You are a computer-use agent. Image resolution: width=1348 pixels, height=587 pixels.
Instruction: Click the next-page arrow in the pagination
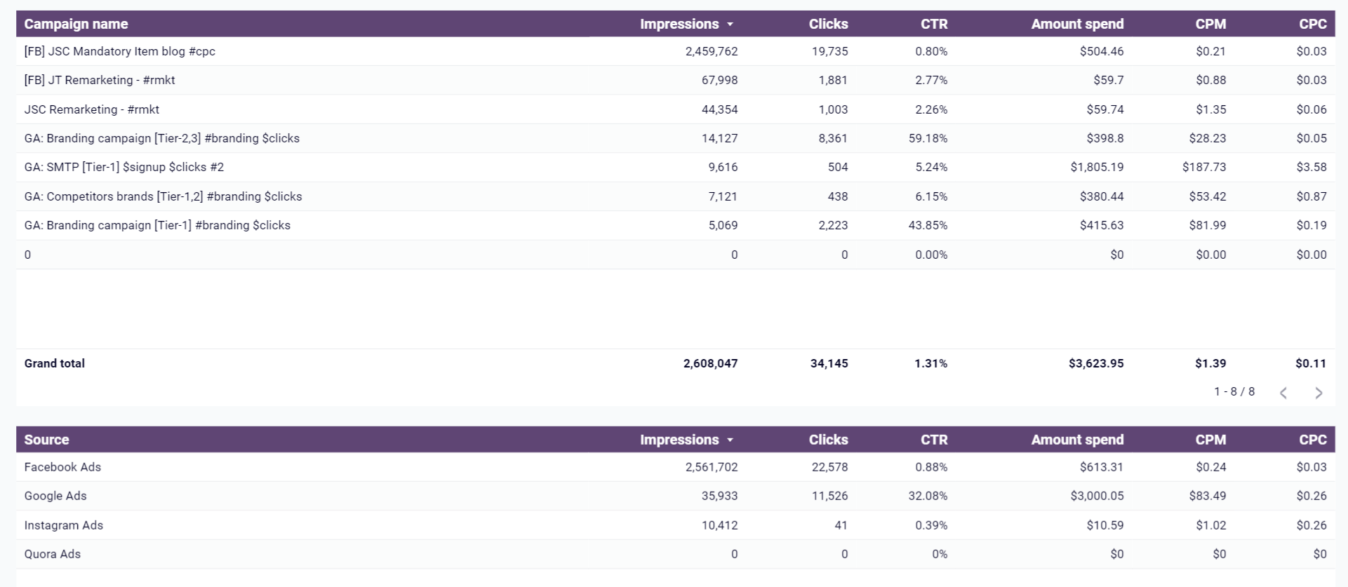(1319, 393)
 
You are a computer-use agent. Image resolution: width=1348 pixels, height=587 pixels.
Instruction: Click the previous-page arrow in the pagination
(1283, 393)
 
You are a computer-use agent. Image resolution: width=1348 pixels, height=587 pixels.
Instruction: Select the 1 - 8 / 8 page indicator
(1234, 391)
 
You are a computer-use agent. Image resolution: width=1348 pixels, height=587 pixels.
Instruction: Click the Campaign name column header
(76, 24)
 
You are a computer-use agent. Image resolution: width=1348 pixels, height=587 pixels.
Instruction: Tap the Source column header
(46, 440)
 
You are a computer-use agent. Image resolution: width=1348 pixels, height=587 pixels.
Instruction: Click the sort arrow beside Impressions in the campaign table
(730, 25)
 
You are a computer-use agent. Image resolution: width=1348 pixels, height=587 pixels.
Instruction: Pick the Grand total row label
(54, 363)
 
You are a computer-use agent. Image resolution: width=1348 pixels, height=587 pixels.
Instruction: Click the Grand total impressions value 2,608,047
(710, 363)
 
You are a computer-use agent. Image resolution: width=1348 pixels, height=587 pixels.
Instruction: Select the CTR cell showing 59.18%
(928, 138)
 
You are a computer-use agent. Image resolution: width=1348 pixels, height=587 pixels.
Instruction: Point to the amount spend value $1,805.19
(1097, 167)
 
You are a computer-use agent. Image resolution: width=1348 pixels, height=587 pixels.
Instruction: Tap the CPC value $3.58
(1312, 167)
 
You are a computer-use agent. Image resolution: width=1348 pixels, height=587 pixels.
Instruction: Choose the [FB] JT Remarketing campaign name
(99, 80)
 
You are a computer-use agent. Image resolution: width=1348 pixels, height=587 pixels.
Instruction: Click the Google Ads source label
(55, 496)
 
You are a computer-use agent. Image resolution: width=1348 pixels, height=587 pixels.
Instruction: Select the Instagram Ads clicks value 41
(841, 525)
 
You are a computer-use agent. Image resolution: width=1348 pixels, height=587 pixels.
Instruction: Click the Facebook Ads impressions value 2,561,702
(712, 467)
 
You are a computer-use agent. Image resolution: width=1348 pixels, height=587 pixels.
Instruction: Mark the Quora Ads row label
(52, 554)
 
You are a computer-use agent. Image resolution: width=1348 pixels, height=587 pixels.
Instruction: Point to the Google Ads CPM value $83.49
(1208, 496)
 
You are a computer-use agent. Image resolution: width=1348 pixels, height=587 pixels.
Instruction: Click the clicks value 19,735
(830, 51)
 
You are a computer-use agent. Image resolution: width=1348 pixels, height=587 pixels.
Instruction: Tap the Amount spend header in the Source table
(1077, 440)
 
